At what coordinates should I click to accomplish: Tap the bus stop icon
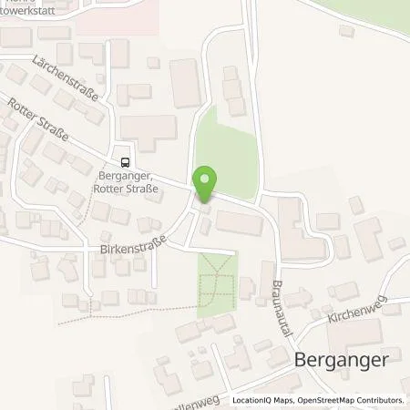tap(124, 154)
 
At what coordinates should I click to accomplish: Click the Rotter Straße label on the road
tap(37, 125)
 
